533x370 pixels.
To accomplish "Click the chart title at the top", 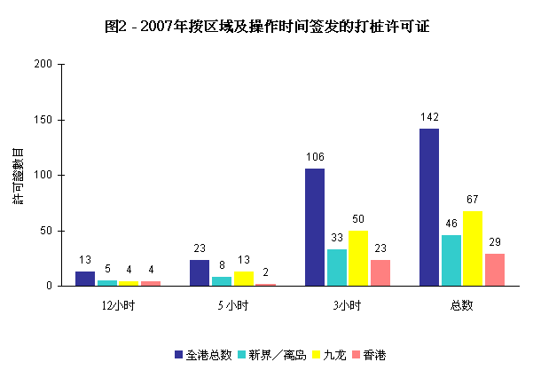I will [266, 26].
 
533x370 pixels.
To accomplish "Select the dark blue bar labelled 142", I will [429, 207].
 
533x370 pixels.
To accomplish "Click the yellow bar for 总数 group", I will [473, 248].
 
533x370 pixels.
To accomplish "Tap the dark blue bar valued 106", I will [315, 227].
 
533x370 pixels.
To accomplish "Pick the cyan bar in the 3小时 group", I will [337, 267].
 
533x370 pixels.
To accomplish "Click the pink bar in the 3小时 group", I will [380, 272].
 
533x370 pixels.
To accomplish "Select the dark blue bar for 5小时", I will [200, 272].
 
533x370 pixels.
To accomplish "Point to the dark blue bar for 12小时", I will [85, 279].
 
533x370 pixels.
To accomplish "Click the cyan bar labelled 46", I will [451, 260].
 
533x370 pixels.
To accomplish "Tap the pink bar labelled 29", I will [495, 270].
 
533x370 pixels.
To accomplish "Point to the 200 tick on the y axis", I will [43, 64].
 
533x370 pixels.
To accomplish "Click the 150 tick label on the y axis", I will [43, 120].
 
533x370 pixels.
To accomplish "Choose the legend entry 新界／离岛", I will [278, 355].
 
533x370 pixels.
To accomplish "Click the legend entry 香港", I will [373, 355].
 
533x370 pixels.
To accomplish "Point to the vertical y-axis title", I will [17, 175].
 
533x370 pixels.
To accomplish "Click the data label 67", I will [473, 200].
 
